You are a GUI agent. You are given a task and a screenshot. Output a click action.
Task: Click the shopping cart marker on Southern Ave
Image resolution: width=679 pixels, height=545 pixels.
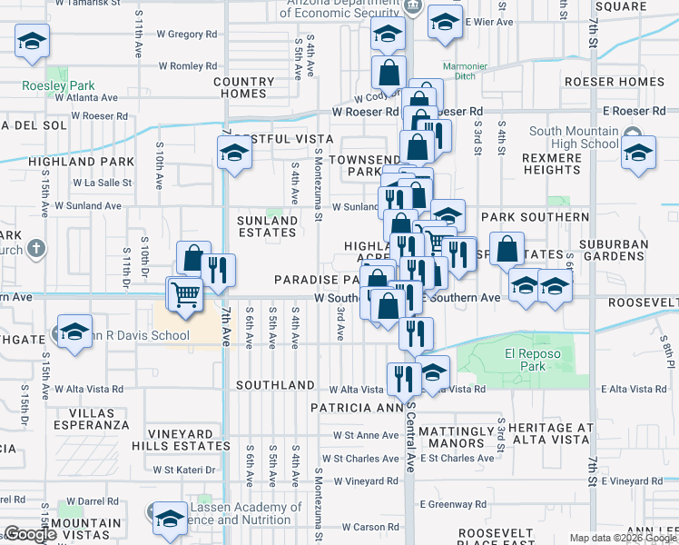185,293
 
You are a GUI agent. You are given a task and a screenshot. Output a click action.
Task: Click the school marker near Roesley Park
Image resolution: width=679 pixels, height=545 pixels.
32,41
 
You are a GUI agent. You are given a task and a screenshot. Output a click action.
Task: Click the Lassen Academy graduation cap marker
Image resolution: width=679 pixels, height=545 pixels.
169,518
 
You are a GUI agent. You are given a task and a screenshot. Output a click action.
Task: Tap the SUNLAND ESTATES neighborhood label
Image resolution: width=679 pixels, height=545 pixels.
267,226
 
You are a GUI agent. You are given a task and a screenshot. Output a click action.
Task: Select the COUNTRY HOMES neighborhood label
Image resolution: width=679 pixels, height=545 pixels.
244,87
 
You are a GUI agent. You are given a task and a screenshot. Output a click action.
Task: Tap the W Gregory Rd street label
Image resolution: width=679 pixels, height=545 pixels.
186,35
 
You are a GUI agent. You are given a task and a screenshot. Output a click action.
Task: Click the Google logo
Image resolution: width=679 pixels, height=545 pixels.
31,534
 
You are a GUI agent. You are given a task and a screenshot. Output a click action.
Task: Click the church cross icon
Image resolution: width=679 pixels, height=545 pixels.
35,248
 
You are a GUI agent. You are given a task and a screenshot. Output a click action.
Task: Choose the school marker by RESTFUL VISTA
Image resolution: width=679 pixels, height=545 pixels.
234,154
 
